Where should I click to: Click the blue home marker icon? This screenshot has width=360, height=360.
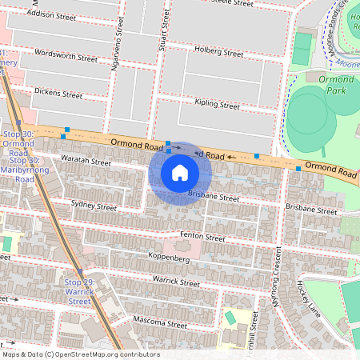[x=180, y=173]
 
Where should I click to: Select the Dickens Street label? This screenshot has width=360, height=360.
[x=58, y=94]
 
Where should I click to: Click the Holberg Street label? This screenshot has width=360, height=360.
[x=218, y=52]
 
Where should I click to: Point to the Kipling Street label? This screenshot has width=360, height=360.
[x=218, y=105]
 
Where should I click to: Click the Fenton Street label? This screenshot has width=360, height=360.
[x=202, y=237]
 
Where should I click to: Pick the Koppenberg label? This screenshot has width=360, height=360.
[x=168, y=258]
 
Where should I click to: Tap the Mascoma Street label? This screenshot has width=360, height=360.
[x=161, y=323]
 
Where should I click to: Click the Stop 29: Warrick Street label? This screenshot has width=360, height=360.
[x=79, y=292]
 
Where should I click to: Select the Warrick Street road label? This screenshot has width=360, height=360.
[x=176, y=282]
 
